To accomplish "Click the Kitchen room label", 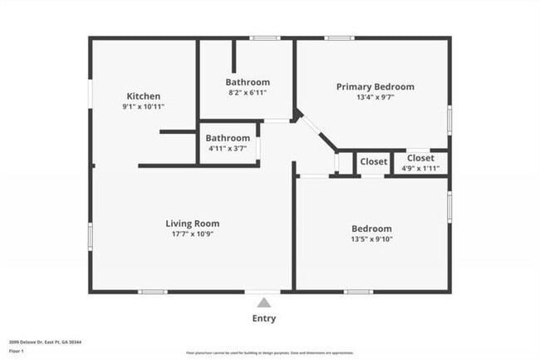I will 143,96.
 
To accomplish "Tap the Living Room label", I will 192,223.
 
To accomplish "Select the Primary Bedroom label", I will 375,86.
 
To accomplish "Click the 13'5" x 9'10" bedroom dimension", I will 371,239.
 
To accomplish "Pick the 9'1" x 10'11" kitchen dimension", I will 143,107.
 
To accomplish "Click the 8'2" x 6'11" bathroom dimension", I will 248,92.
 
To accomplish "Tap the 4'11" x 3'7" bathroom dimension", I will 228,148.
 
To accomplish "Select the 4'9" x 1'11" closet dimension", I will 420,168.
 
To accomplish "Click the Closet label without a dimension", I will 373,161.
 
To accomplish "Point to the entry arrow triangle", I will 263,303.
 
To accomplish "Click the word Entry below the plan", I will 263,318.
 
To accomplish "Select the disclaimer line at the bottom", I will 263,353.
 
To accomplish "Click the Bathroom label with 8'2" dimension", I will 248,82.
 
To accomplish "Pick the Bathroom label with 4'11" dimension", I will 228,138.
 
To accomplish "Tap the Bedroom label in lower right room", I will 371,229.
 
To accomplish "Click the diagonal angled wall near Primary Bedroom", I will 317,133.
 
